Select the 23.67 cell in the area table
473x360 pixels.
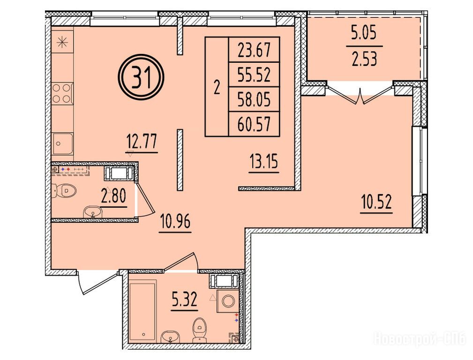pyautogui.click(x=254, y=50)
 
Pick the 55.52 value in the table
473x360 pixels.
pyautogui.click(x=254, y=75)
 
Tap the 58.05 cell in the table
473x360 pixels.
pyautogui.click(x=254, y=99)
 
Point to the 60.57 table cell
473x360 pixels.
pyautogui.click(x=254, y=124)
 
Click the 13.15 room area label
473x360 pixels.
pyautogui.click(x=264, y=163)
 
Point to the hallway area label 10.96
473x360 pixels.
pyautogui.click(x=175, y=223)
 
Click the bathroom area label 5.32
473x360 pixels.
pyautogui.click(x=184, y=300)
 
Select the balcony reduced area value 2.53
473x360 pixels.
pyautogui.click(x=364, y=60)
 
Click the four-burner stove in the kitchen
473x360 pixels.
pyautogui.click(x=62, y=93)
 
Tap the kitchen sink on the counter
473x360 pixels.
pyautogui.click(x=62, y=144)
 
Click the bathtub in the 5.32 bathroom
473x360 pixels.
pyautogui.click(x=143, y=311)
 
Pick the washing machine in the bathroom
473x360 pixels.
pyautogui.click(x=228, y=301)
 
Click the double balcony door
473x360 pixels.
pyautogui.click(x=360, y=94)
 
